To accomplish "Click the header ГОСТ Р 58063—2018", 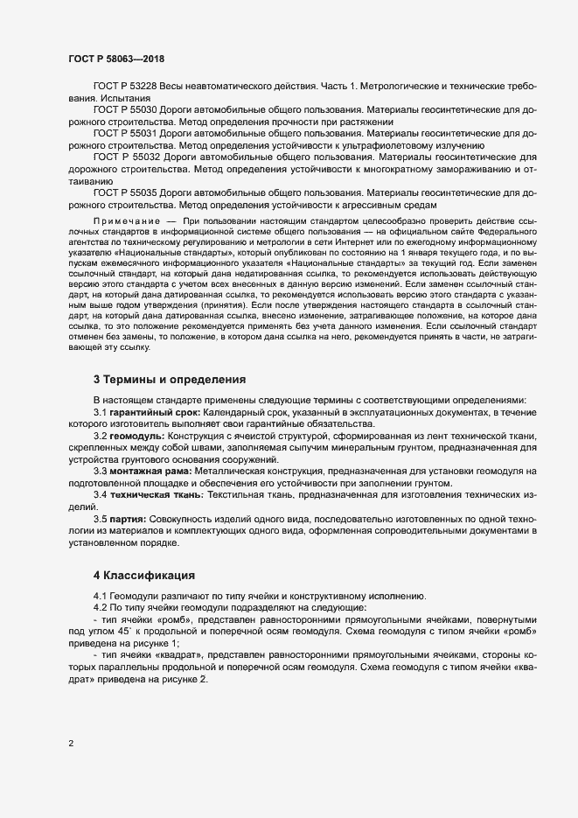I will click(x=115, y=59).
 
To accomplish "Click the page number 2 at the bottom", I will click(x=71, y=745).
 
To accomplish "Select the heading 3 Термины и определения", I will click(x=170, y=380).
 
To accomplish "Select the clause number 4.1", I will click(x=101, y=596).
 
